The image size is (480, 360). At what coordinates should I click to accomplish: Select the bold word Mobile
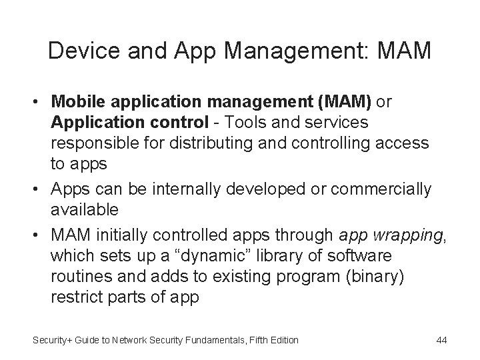(77, 103)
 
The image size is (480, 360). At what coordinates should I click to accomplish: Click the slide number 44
(441, 340)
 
